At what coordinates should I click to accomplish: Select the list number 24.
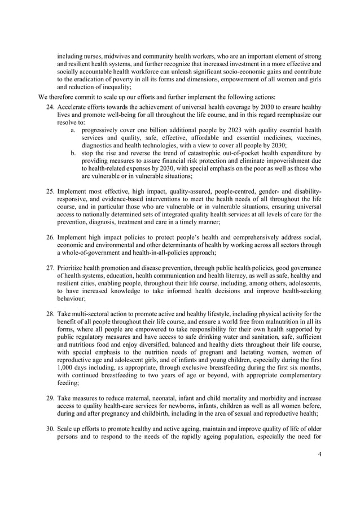click(x=49, y=107)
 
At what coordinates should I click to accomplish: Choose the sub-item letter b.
click(x=73, y=153)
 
